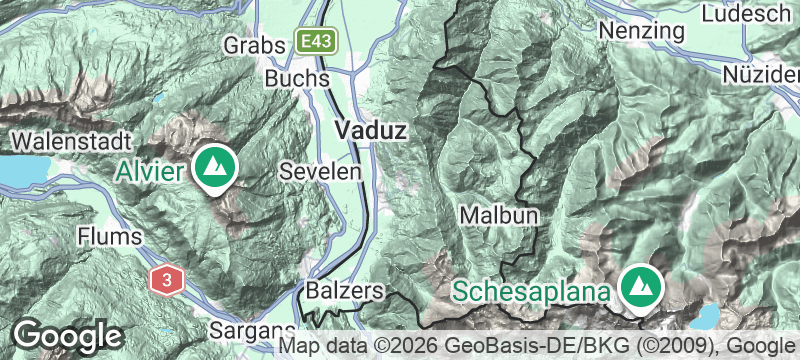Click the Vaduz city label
pos(372,131)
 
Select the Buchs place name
pos(297,78)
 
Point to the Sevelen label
pos(319,171)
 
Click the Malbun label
pos(500,215)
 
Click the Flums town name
pos(105,237)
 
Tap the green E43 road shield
pos(318,42)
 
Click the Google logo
pos(68,334)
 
